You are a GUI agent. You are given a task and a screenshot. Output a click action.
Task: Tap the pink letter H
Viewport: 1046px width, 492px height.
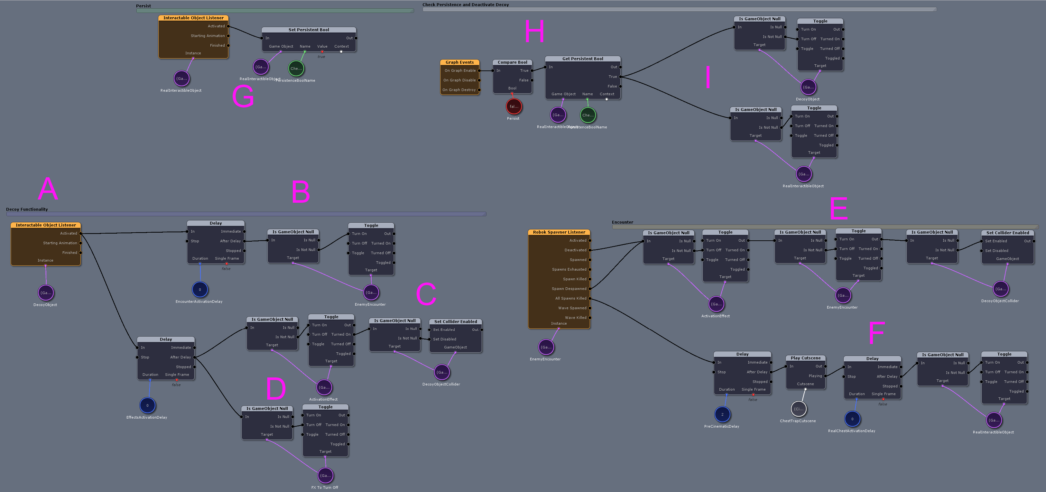click(534, 31)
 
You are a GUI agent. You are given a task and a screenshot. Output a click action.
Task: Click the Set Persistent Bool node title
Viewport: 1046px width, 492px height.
click(309, 30)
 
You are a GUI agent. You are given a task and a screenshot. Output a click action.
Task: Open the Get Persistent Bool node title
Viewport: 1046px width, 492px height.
click(582, 59)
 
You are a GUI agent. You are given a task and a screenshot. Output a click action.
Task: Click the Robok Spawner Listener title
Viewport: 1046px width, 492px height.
click(559, 232)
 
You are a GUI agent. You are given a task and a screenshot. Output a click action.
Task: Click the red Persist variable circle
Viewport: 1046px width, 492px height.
click(514, 107)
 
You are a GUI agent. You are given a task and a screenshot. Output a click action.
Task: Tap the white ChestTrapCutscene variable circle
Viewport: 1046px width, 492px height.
click(798, 409)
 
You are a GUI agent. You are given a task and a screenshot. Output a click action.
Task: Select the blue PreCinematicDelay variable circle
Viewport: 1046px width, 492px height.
click(722, 414)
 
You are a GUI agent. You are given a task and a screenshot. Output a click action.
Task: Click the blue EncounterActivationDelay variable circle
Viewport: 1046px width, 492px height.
click(200, 289)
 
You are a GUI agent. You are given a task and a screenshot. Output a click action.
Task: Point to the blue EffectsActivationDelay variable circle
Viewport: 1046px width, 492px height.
click(147, 405)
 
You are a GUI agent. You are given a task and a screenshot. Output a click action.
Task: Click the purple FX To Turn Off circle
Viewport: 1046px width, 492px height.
click(325, 475)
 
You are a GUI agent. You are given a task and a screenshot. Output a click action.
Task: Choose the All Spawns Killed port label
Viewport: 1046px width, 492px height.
click(570, 298)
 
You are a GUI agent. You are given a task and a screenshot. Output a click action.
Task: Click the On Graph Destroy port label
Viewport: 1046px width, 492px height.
click(459, 90)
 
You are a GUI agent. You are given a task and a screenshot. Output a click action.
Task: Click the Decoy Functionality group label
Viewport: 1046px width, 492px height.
click(27, 209)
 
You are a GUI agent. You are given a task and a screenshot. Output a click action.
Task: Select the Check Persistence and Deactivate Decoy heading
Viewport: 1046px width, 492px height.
click(465, 5)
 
